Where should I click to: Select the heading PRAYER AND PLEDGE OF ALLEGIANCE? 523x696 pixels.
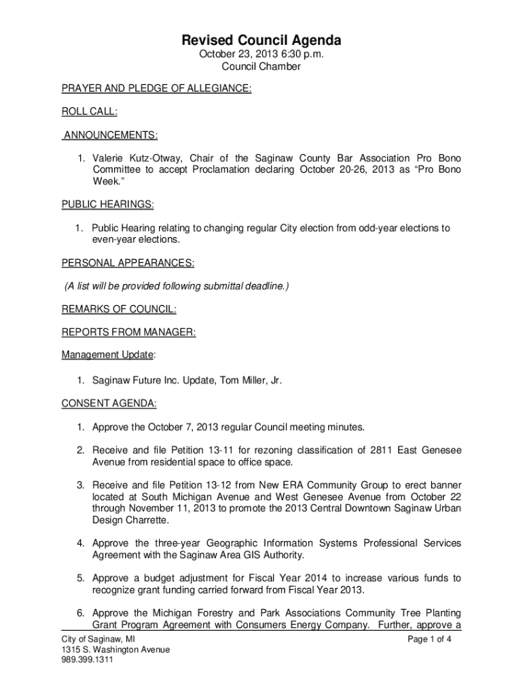click(157, 88)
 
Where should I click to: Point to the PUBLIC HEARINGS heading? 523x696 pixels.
click(108, 205)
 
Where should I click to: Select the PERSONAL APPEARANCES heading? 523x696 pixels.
click(128, 262)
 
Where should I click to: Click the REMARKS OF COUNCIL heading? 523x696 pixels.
click(119, 309)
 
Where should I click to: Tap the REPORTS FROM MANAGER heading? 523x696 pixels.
click(129, 332)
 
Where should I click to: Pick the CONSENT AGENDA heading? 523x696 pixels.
click(109, 404)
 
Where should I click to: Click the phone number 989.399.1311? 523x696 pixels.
click(86, 659)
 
